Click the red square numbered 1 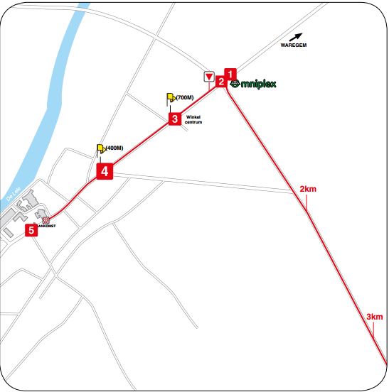230,72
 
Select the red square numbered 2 221,82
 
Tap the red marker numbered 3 174,119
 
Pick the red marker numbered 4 104,171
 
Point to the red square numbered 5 31,230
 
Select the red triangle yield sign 208,76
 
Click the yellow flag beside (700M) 170,98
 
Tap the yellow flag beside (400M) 100,149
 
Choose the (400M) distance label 114,148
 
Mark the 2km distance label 308,190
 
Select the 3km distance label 374,316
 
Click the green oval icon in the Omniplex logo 235,84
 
